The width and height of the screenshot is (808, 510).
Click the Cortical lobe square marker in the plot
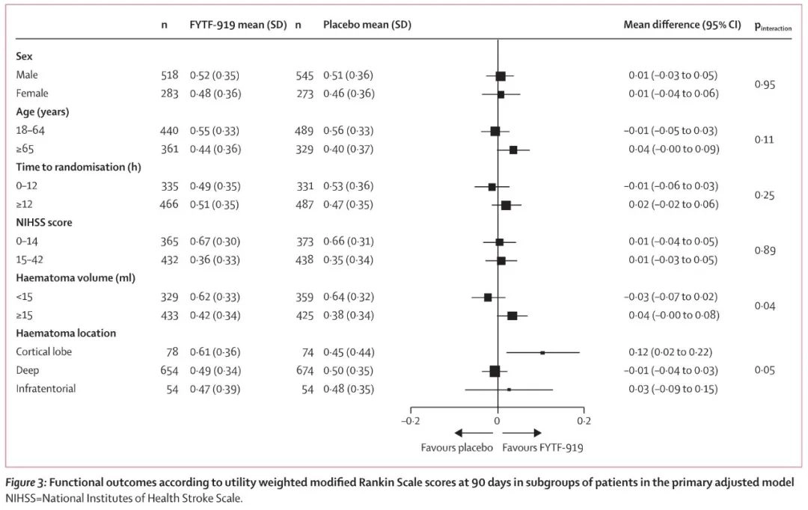(542, 352)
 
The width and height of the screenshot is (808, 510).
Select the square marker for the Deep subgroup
(495, 371)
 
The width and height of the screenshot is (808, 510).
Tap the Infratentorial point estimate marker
(509, 390)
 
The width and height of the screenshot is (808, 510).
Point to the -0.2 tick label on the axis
(411, 420)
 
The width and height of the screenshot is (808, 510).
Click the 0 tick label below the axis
(498, 420)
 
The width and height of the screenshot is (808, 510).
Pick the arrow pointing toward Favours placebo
(472, 433)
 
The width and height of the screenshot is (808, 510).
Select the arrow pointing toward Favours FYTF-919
(523, 433)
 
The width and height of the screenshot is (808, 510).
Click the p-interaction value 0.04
(765, 306)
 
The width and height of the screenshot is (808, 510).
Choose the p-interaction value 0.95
(765, 85)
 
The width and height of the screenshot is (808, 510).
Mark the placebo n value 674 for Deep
(305, 371)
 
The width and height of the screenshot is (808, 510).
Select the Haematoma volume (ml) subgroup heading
(67, 278)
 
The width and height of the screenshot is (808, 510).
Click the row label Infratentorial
(46, 389)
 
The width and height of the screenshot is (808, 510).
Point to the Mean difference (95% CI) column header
(682, 25)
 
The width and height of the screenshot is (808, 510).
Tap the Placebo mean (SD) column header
(367, 25)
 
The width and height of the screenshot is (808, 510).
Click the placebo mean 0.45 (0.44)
(348, 352)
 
